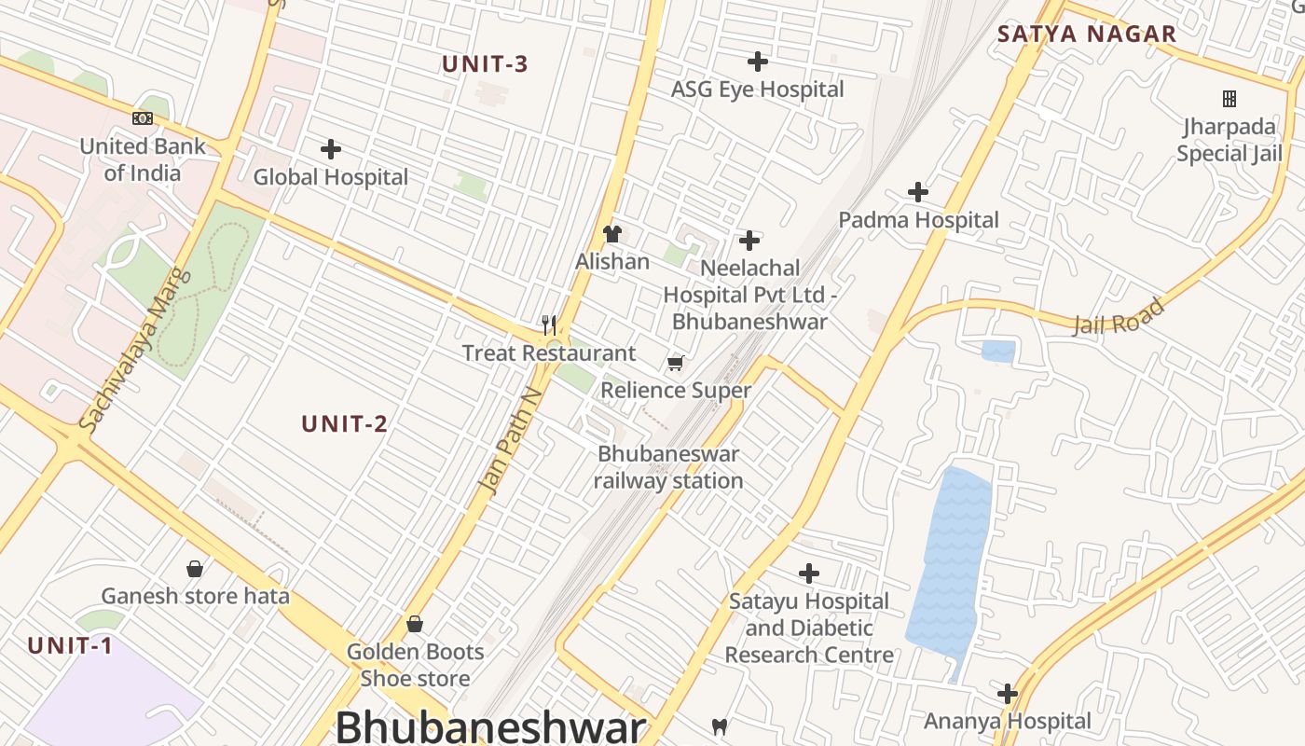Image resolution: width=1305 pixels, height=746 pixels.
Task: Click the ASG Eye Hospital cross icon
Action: (x=758, y=62)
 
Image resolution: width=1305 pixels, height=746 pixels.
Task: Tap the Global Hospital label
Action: (x=331, y=177)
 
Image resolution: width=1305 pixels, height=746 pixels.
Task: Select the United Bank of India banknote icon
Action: (x=143, y=118)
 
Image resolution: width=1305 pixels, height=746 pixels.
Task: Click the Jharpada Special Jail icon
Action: (x=1229, y=99)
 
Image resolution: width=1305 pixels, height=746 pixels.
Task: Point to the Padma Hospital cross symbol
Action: (x=918, y=192)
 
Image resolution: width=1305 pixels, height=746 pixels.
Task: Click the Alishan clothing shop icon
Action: (x=612, y=233)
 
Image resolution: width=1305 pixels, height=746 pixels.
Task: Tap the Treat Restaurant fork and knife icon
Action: (x=549, y=325)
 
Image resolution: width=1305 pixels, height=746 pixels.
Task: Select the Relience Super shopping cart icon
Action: (x=675, y=363)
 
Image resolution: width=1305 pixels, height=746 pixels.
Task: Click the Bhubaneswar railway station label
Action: (x=668, y=467)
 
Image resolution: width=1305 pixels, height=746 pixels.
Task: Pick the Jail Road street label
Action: (x=1120, y=317)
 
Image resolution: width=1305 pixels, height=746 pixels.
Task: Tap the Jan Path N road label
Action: (x=510, y=440)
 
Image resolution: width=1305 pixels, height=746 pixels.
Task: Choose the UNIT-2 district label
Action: (x=344, y=424)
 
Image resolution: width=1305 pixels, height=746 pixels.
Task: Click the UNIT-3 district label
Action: (x=485, y=64)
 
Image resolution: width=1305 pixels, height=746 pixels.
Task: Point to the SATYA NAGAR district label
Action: (x=1087, y=35)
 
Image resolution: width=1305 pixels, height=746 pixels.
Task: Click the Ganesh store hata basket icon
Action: (x=195, y=568)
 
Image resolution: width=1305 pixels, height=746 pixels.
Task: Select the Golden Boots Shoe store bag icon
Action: (x=415, y=623)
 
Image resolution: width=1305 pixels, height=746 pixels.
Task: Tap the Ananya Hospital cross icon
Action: (x=1008, y=694)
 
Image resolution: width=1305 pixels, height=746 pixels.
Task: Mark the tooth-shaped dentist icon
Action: (x=719, y=725)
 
